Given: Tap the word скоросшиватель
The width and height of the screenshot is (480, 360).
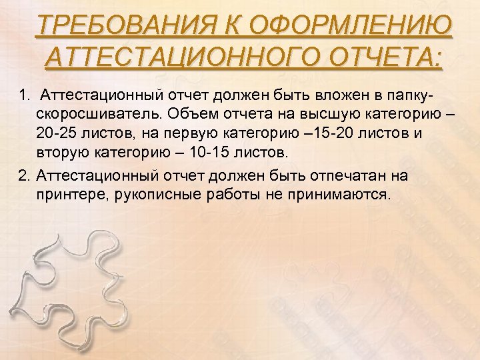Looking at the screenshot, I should point(97,111).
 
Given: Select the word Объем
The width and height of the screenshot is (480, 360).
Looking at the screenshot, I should point(190,111).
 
